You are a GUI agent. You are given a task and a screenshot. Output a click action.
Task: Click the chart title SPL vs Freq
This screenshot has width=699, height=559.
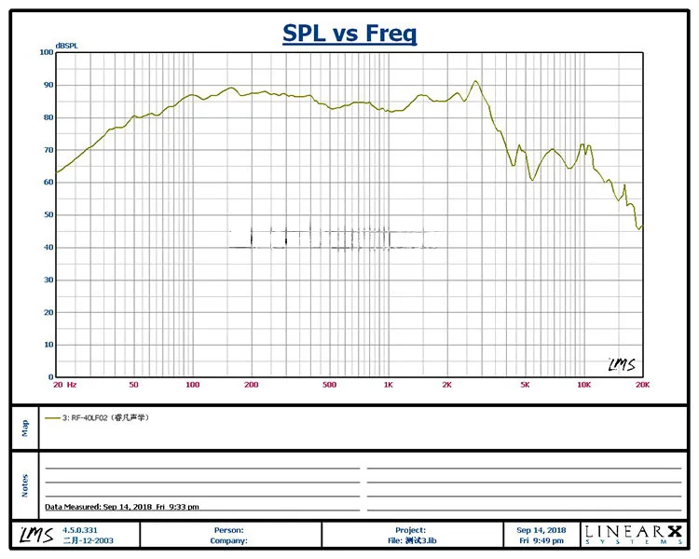click(x=349, y=34)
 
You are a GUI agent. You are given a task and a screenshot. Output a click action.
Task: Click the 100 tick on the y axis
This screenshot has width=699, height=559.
click(x=47, y=52)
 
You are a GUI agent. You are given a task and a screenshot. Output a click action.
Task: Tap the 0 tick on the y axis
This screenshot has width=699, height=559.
click(x=50, y=377)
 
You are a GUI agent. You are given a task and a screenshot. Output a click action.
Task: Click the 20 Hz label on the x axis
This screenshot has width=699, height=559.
click(x=64, y=385)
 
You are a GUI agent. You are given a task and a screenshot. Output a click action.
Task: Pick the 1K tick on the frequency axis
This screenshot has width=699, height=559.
click(x=388, y=385)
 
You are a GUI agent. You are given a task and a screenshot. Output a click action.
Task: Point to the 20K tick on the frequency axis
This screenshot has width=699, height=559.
click(x=641, y=385)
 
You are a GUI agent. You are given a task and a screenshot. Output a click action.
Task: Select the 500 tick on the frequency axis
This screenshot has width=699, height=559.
click(x=329, y=385)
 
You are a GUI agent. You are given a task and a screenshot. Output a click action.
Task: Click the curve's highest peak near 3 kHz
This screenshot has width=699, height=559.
click(x=475, y=81)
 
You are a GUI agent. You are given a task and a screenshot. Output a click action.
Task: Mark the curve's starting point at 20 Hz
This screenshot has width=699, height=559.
click(x=57, y=172)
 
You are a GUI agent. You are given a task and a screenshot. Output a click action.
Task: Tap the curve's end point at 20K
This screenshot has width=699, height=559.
click(x=641, y=226)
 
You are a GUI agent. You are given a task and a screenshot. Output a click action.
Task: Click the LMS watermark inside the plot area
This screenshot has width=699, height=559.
click(x=621, y=364)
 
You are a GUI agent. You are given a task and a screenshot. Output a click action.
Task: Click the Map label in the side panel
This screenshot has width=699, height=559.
click(x=25, y=427)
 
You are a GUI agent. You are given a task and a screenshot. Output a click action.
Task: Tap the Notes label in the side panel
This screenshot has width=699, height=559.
click(x=25, y=485)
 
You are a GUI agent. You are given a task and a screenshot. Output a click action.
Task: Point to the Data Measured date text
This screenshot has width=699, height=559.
click(x=121, y=507)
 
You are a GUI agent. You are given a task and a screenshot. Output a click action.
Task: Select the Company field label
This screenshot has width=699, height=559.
click(x=227, y=540)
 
